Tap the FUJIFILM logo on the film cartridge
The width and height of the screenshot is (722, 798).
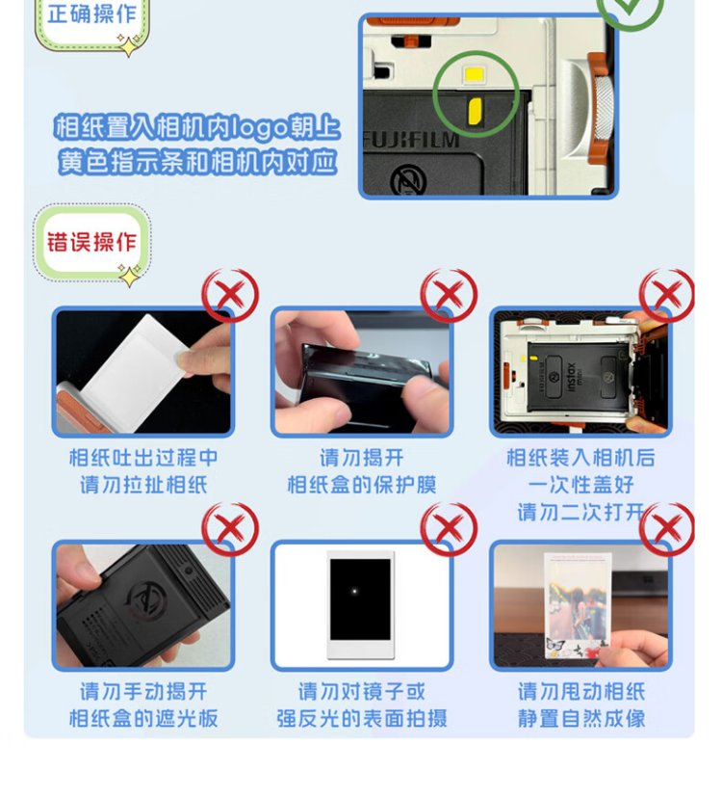[411, 140]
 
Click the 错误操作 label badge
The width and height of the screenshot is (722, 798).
[92, 242]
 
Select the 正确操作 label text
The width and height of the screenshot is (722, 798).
[92, 13]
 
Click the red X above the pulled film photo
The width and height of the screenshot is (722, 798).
[230, 295]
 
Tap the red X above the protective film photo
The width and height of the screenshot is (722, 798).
[449, 295]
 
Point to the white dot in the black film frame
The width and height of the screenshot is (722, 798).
[354, 591]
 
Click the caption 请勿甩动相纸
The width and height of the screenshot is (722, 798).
[581, 692]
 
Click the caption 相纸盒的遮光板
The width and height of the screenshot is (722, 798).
[143, 719]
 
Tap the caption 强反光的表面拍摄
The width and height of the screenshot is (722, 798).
[362, 719]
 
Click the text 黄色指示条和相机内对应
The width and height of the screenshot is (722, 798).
[197, 162]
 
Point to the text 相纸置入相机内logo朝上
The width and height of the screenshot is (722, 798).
[197, 126]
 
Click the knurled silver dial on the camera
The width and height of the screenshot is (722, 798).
[604, 108]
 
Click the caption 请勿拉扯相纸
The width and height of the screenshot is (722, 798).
[143, 485]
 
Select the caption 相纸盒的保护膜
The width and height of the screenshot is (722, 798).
[362, 485]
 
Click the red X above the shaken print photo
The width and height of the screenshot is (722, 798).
[667, 529]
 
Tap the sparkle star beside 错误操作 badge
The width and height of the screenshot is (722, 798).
[129, 276]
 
